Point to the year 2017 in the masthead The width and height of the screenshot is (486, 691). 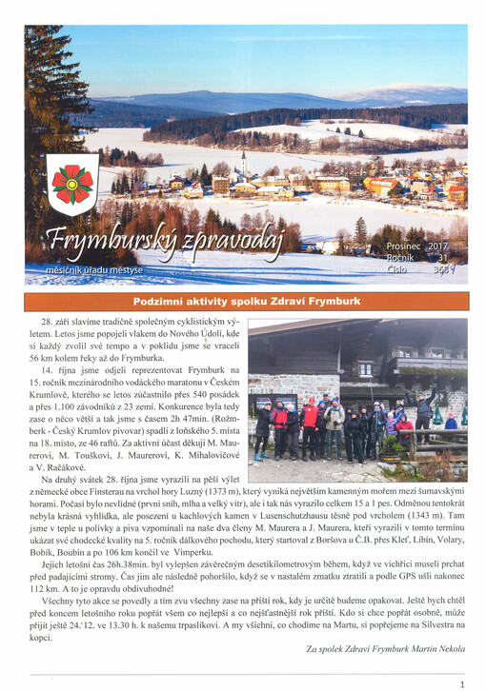click(437, 247)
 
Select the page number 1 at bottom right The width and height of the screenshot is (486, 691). click(461, 683)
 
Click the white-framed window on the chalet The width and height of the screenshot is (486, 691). click(365, 368)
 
